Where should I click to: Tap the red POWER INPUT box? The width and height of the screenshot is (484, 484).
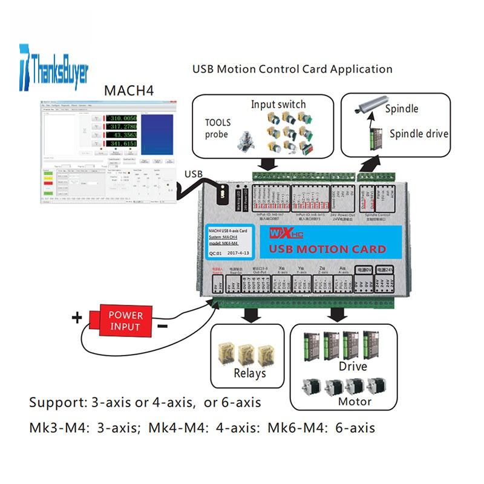click(125, 321)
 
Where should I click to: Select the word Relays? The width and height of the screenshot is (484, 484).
click(250, 373)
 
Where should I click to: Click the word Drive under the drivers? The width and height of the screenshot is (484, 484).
click(352, 367)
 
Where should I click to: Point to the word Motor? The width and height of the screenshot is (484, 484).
click(355, 401)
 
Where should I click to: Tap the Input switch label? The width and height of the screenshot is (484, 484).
click(279, 105)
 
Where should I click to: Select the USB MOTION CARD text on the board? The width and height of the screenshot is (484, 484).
click(327, 249)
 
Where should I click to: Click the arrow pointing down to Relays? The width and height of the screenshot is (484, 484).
click(248, 315)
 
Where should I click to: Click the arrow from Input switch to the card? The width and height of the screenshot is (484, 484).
click(266, 165)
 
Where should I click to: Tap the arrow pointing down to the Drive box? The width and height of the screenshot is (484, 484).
click(338, 315)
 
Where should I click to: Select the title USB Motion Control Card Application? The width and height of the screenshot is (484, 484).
click(292, 69)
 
